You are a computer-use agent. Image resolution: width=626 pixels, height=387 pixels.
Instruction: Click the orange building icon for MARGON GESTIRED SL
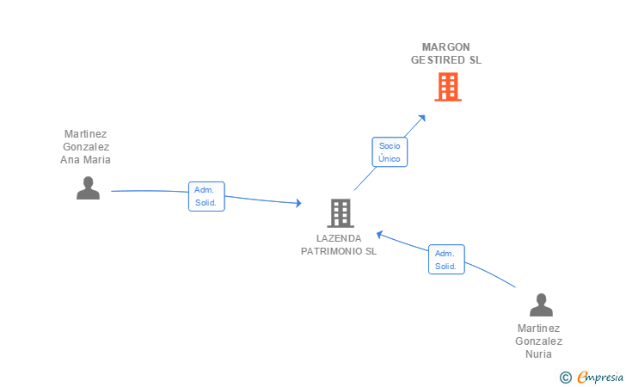[x=447, y=86]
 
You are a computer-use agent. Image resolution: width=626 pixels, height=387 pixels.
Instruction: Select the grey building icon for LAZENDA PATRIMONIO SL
[x=341, y=212]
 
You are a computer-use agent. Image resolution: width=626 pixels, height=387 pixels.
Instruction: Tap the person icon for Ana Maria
[x=88, y=187]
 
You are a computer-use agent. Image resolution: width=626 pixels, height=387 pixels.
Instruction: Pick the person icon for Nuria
[x=541, y=304]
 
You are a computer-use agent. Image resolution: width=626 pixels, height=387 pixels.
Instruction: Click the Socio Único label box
[x=390, y=152]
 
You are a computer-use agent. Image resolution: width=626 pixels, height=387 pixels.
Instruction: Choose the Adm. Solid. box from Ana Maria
[x=206, y=196]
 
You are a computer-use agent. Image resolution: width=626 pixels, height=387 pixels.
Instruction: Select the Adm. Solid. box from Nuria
[x=446, y=259]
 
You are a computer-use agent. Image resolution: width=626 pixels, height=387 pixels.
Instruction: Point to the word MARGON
[x=446, y=46]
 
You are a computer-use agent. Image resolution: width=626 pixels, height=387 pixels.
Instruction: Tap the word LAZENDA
[x=339, y=238]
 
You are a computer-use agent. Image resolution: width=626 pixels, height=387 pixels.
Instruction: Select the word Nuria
[x=538, y=353]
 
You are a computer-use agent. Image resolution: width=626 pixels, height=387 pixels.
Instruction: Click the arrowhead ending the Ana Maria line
[x=298, y=204]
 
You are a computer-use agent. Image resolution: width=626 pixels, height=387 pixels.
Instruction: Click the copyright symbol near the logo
[x=565, y=377]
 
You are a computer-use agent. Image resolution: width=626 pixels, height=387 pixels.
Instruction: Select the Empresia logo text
[x=600, y=377]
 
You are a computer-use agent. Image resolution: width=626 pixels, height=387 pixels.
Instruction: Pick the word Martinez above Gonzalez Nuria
[x=538, y=328]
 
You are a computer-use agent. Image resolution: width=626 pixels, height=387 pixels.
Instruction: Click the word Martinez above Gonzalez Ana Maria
[x=85, y=133]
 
